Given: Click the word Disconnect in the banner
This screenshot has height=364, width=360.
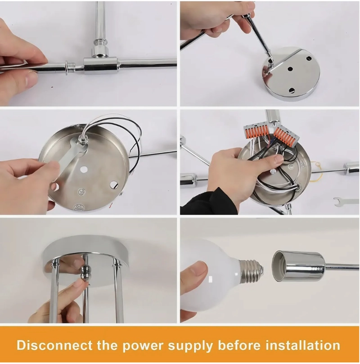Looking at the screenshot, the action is [55, 345].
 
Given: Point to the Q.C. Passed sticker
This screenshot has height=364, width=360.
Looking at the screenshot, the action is [79, 207].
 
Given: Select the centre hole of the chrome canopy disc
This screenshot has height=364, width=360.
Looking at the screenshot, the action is [289, 69].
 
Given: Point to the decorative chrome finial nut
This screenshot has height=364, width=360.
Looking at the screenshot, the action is [85, 273].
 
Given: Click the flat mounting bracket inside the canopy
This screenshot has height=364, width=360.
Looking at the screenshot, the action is [70, 160].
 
